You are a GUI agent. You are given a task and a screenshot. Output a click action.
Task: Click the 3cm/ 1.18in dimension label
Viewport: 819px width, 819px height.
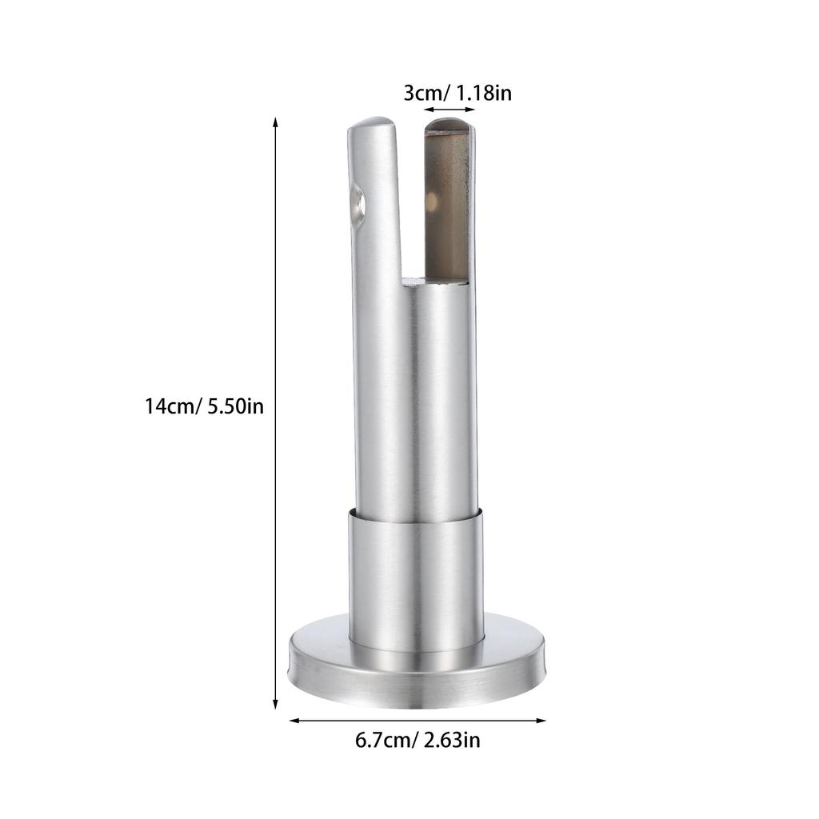457,94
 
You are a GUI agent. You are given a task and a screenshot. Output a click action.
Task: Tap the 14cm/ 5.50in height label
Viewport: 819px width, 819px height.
204,406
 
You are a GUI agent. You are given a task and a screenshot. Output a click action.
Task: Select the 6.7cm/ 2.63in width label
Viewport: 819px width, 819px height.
417,740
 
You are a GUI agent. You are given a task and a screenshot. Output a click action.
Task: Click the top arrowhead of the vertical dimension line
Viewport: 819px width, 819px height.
275,123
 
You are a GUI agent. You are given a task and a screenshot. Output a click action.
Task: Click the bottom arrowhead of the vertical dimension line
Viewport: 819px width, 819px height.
275,704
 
